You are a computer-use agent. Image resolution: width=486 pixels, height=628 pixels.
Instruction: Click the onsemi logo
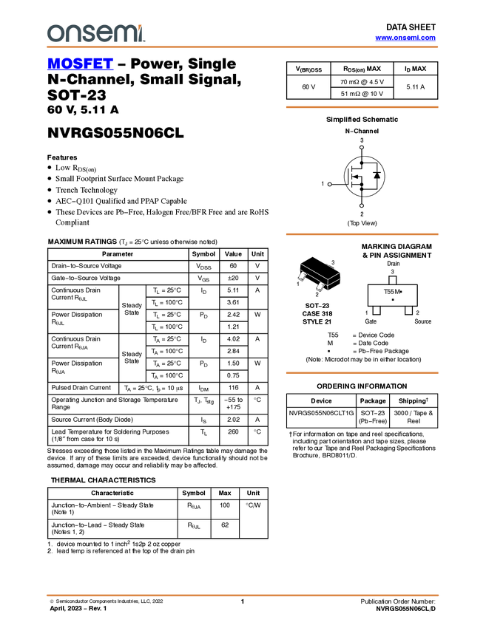point(95,33)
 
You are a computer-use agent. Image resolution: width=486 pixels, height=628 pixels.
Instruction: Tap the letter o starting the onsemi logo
point(54,33)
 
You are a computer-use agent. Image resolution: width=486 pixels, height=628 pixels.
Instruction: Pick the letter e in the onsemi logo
point(104,33)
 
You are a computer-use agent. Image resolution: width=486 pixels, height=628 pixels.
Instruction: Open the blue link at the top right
point(405,38)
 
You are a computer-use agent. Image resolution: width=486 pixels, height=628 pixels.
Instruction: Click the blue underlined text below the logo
point(80,64)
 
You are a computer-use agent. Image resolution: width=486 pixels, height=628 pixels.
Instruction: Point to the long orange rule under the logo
point(243,47)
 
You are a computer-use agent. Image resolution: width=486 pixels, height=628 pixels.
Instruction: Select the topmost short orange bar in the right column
point(362,107)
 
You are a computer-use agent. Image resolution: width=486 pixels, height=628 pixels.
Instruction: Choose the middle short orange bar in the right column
point(362,234)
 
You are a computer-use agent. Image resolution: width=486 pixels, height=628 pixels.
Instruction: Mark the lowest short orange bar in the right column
point(362,373)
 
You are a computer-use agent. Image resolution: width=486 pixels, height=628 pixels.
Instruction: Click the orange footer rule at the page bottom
point(243,595)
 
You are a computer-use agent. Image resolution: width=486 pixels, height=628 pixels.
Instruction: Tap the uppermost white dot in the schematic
point(361,148)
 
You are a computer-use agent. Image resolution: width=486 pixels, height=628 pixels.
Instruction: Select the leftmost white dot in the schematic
point(329,184)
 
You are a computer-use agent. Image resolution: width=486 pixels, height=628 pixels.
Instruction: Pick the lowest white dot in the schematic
point(361,205)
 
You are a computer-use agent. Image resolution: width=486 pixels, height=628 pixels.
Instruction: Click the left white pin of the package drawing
point(302,276)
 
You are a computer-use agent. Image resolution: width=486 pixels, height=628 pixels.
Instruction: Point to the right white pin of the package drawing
point(320,286)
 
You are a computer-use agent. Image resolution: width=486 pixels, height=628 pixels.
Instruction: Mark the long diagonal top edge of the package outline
point(313,270)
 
